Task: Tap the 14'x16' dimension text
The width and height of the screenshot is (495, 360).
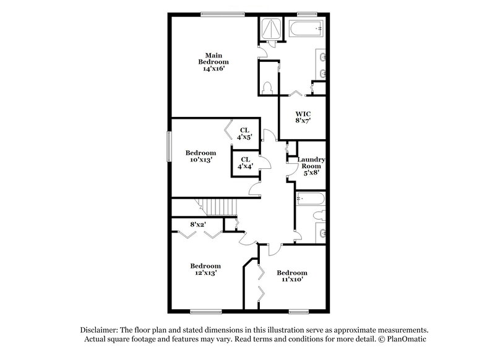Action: tap(213, 69)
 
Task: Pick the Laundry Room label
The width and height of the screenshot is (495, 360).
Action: tap(311, 163)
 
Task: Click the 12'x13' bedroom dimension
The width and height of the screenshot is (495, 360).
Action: tap(205, 272)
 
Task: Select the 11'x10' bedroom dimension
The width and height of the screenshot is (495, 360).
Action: tap(291, 280)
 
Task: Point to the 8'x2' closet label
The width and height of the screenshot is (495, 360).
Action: tap(198, 224)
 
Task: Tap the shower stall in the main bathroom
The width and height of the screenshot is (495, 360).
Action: tap(270, 28)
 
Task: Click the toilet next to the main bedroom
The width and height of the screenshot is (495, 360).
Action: tap(267, 87)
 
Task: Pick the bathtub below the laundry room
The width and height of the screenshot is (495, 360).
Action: tap(311, 200)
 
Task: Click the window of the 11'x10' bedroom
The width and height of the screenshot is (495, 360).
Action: tap(298, 311)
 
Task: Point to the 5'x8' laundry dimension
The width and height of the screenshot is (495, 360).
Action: tap(312, 174)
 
